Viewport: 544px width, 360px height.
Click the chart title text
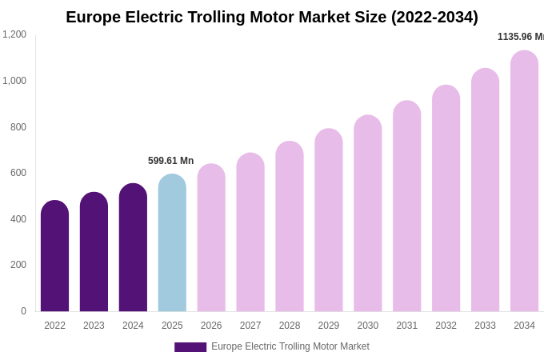point(272,17)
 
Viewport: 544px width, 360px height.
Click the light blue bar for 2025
point(172,243)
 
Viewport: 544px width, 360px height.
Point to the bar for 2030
point(368,214)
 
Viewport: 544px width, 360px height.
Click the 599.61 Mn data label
point(170,161)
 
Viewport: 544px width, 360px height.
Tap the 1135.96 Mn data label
point(520,37)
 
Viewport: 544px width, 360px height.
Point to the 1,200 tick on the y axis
point(14,34)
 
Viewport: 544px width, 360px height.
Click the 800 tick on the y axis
point(18,126)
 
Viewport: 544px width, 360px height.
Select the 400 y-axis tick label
point(18,219)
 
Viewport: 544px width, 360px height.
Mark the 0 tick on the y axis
point(23,311)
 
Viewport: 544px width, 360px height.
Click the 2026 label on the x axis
point(211,326)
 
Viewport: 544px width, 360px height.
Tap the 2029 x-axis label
point(329,326)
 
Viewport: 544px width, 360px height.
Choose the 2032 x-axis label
point(446,326)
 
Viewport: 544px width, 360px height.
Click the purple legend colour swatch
point(190,347)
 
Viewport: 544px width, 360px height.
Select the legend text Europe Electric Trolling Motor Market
point(290,346)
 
